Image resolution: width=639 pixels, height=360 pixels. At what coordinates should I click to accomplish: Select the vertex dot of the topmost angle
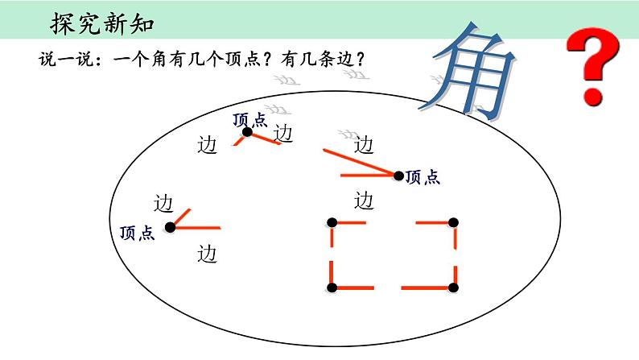(x=248, y=132)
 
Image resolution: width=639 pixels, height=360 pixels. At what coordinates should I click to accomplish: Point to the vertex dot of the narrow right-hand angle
(x=398, y=174)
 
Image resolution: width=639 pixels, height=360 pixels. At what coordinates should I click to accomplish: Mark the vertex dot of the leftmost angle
(x=170, y=228)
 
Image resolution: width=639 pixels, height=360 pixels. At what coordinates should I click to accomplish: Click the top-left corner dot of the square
(x=332, y=222)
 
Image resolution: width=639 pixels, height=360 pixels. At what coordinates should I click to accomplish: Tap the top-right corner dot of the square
(x=454, y=222)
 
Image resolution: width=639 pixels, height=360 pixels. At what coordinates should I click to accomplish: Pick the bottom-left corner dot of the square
(x=332, y=288)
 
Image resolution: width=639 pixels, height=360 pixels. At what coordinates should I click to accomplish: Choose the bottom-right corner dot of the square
(x=454, y=288)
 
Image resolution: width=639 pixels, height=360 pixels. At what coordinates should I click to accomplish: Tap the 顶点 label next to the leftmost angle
(x=136, y=233)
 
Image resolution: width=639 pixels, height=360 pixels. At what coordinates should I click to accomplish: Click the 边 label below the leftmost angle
(x=208, y=254)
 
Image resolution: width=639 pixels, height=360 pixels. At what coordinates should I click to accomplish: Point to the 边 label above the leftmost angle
(x=164, y=201)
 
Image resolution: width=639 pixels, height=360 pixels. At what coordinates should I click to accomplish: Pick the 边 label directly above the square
(x=364, y=199)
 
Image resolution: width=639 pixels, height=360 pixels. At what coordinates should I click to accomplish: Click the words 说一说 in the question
(x=61, y=59)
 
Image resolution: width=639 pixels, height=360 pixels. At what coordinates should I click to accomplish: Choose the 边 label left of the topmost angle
(x=208, y=147)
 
